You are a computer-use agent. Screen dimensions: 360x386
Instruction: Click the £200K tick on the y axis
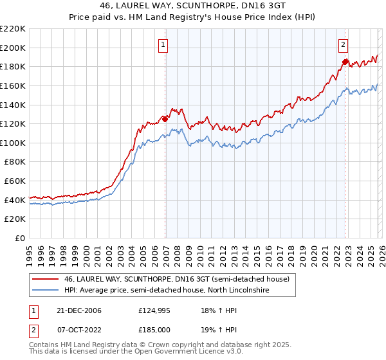point(14,48)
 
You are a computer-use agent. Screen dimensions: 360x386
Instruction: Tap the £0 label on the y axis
point(20,239)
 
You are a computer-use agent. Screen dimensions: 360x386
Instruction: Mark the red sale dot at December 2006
point(165,119)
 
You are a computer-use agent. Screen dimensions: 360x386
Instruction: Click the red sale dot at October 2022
point(345,62)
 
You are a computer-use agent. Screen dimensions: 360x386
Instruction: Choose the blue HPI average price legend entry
point(165,291)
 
